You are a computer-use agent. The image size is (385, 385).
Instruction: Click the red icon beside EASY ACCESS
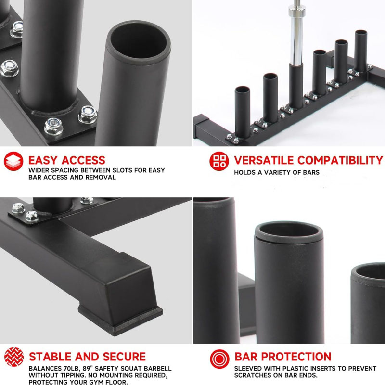point(13,161)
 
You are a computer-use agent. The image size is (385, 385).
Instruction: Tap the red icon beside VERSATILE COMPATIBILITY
point(219,161)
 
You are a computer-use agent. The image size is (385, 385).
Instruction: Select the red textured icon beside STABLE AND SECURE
point(14,357)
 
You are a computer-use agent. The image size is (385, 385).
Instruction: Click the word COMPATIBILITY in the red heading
point(340,160)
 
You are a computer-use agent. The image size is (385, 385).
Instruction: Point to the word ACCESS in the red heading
point(83,160)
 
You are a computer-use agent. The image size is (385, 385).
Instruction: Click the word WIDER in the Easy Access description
point(39,170)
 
